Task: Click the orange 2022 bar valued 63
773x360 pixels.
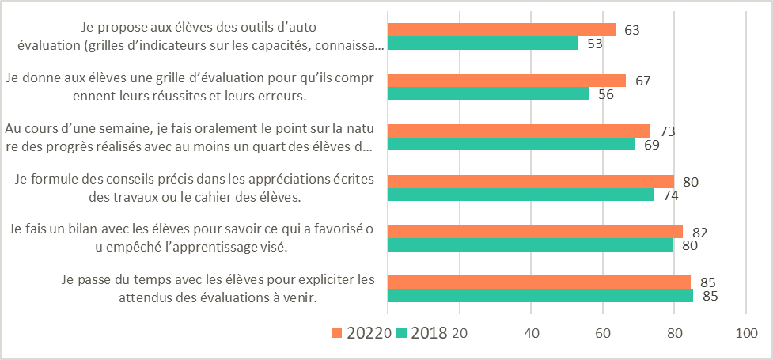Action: pyautogui.click(x=502, y=30)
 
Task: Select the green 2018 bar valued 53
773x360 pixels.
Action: pyautogui.click(x=483, y=44)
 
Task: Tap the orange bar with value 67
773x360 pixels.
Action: pyautogui.click(x=507, y=80)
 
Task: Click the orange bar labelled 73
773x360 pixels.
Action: pyautogui.click(x=519, y=131)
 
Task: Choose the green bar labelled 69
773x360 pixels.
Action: pyautogui.click(x=511, y=144)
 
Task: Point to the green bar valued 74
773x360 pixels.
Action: pyautogui.click(x=521, y=195)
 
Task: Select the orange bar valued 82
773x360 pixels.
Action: pyautogui.click(x=535, y=232)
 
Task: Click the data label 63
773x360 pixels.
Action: pyautogui.click(x=631, y=30)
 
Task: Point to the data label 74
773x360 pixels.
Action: pyautogui.click(x=670, y=195)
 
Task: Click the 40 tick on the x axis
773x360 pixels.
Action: pyautogui.click(x=532, y=332)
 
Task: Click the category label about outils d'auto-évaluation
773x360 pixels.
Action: pyautogui.click(x=203, y=36)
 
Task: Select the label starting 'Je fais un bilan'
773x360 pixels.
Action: pyautogui.click(x=190, y=238)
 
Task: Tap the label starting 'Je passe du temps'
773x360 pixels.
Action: pyautogui.click(x=218, y=289)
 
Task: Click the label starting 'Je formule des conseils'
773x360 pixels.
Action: pyautogui.click(x=195, y=188)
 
